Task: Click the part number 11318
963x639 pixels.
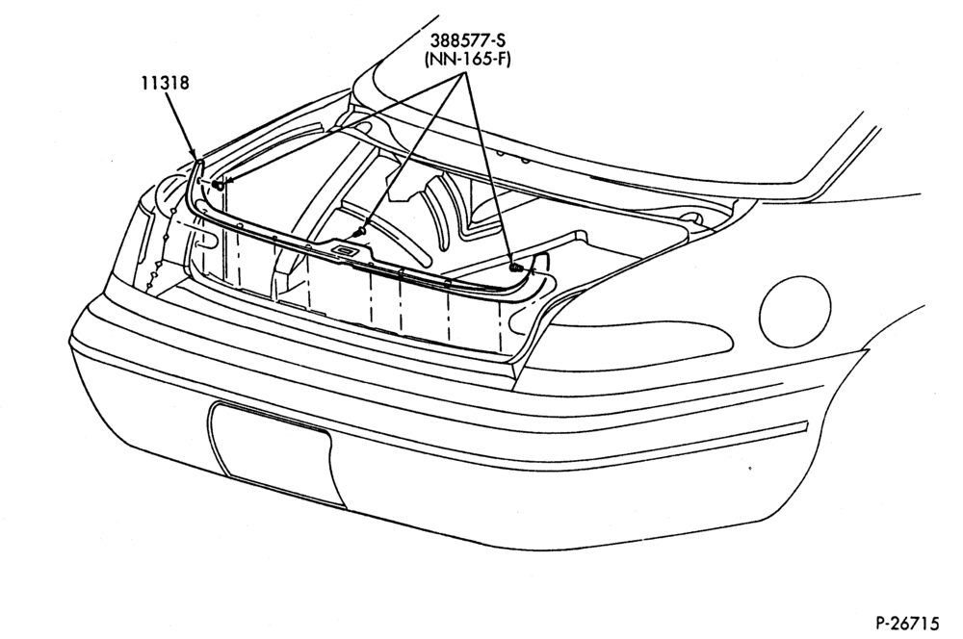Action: [x=166, y=82]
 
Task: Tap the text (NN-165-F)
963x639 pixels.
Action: [x=467, y=61]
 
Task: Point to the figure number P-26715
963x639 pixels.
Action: [x=907, y=624]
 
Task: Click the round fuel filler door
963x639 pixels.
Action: [x=794, y=311]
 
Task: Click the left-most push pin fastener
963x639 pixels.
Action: [x=217, y=185]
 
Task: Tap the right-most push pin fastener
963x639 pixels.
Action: [x=514, y=268]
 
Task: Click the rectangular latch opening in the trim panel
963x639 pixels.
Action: [x=345, y=250]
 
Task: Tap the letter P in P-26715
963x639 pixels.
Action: [x=880, y=624]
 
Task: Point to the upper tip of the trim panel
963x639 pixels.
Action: [x=199, y=160]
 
